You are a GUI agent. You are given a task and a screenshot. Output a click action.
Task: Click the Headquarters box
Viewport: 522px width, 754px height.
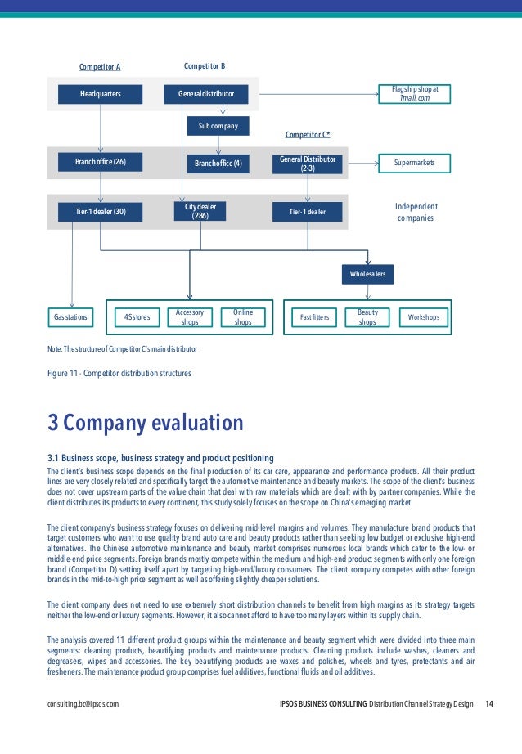pyautogui.click(x=100, y=94)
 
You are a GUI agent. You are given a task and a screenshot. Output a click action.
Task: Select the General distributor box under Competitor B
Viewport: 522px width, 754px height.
pyautogui.click(x=206, y=94)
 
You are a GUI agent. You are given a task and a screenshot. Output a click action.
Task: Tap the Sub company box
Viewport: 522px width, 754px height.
pyautogui.click(x=218, y=126)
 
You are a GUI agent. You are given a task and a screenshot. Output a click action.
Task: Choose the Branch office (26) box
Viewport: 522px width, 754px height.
pyautogui.click(x=100, y=162)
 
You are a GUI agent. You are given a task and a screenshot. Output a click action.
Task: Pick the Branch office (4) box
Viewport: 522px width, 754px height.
pyautogui.click(x=218, y=164)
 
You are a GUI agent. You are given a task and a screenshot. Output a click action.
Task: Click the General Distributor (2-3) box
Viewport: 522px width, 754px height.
pyautogui.click(x=308, y=163)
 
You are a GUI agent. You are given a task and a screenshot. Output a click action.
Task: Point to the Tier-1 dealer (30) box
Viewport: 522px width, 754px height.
pyautogui.click(x=100, y=213)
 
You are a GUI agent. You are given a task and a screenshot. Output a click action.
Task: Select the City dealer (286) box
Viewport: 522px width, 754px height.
pyautogui.click(x=200, y=212)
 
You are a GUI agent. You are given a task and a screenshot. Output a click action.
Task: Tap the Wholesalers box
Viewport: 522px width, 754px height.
pyautogui.click(x=368, y=273)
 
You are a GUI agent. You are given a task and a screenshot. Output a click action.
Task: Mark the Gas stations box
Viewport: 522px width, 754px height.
pyautogui.click(x=70, y=316)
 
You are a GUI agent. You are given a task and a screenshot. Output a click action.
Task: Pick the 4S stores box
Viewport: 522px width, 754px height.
pyautogui.click(x=137, y=316)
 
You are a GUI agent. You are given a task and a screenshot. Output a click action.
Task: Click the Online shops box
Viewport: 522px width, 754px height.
pyautogui.click(x=243, y=317)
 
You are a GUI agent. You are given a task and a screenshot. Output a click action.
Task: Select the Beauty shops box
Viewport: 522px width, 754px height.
pyautogui.click(x=367, y=317)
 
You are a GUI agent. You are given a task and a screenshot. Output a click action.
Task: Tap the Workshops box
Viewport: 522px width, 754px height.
pyautogui.click(x=423, y=316)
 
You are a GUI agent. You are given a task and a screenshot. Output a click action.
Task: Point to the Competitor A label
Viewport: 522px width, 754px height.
pyautogui.click(x=100, y=67)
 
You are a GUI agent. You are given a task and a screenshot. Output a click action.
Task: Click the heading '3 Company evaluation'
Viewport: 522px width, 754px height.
pyautogui.click(x=146, y=423)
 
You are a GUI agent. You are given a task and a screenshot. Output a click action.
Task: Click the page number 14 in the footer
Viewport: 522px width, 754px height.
pyautogui.click(x=489, y=703)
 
